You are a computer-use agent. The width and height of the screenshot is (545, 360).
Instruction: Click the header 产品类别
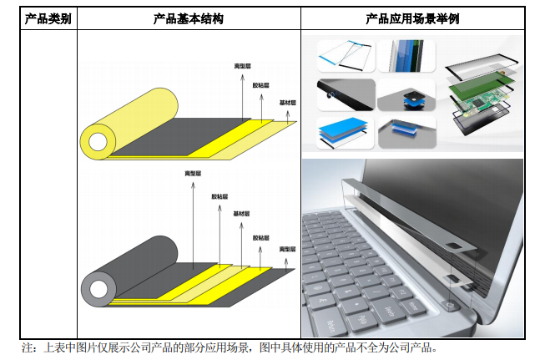pos(48,18)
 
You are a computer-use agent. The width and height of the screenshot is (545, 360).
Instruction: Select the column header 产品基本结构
pos(189,18)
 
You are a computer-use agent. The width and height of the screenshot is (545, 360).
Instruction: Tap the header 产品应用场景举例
pos(412,18)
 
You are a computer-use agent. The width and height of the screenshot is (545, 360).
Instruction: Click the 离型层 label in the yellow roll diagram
pos(242,66)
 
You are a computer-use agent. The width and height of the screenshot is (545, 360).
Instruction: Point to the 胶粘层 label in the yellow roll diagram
pos(260,85)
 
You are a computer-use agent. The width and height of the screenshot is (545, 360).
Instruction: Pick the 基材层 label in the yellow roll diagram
pos(287,103)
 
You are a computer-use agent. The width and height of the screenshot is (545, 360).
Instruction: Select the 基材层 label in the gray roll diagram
pos(241,214)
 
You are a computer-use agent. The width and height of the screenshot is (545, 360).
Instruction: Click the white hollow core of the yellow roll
pos(98,142)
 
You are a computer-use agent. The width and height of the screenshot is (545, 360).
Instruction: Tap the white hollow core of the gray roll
pos(98,289)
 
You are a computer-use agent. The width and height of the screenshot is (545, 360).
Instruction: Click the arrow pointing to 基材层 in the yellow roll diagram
pos(288,117)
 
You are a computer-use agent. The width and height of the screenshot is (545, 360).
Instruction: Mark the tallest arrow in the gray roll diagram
pos(194,226)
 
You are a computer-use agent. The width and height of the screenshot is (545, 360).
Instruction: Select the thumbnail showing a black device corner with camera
pos(346,95)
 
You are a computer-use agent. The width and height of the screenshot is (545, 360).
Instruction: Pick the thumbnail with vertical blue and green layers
pos(406,56)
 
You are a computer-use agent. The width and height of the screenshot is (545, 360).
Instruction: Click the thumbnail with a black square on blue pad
pos(406,95)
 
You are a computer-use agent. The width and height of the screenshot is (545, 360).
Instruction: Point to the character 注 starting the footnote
pos(28,347)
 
